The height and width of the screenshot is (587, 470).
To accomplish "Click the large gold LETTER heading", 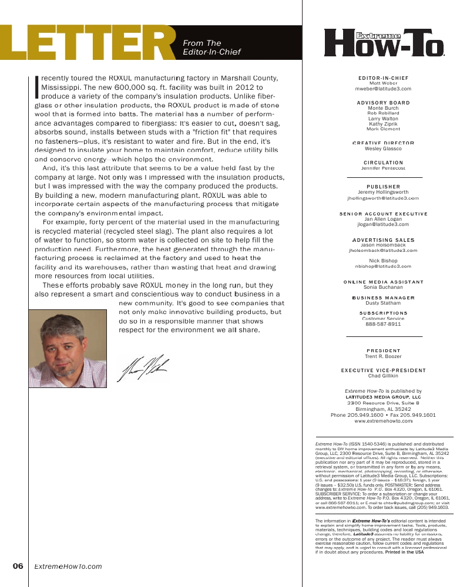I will [x=88, y=44].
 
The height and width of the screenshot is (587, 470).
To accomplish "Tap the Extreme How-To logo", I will [x=384, y=43].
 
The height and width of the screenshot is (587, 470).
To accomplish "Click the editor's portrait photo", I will [x=68, y=349].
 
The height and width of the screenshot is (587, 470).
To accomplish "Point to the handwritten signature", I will [x=145, y=368].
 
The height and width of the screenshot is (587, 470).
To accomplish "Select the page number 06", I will [x=18, y=566].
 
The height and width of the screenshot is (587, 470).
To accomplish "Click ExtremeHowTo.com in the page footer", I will [x=68, y=566].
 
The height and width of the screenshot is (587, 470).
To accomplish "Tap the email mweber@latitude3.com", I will [x=383, y=89].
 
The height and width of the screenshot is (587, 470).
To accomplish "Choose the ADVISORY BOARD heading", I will [x=383, y=103].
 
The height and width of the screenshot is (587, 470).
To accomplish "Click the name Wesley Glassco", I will [x=383, y=149].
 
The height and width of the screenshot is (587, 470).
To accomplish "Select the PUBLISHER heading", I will [x=383, y=187].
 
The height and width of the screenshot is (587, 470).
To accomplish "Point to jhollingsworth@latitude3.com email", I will [x=383, y=198].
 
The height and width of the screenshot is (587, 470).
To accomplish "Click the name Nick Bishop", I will [x=383, y=261].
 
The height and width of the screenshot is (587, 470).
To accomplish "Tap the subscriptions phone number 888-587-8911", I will [x=383, y=323].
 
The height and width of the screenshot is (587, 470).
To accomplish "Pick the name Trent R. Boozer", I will [x=383, y=356].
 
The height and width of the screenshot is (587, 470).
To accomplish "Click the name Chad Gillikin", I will [x=383, y=376].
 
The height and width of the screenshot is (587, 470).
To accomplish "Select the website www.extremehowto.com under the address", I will [x=383, y=421].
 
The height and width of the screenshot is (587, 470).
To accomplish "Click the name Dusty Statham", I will [x=383, y=303].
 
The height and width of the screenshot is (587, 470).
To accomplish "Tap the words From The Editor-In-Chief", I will [x=211, y=48].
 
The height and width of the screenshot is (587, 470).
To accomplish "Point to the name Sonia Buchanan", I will [x=383, y=288].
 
